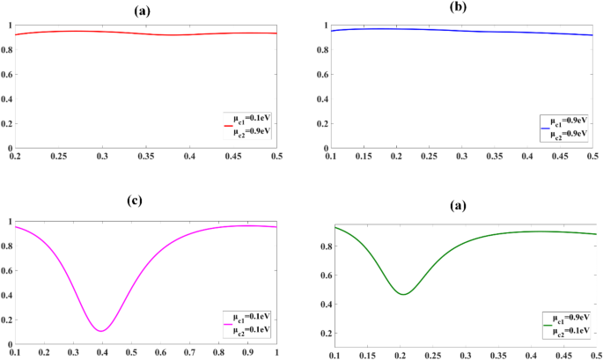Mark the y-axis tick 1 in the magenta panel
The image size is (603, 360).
[7, 221]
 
